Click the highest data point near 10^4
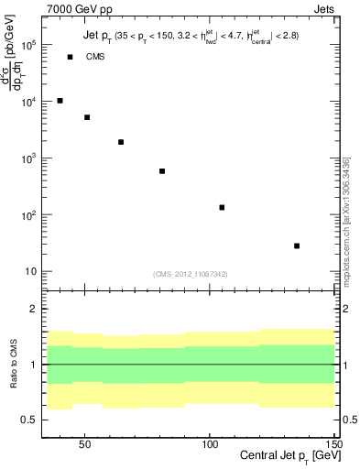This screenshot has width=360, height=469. [60, 101]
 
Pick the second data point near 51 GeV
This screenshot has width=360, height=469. [87, 117]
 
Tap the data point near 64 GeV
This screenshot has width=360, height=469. [121, 142]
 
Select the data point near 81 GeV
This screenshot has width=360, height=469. [162, 171]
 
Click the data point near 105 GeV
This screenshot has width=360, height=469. [222, 208]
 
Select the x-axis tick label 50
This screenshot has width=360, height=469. [85, 443]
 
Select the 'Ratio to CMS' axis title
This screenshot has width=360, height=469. [12, 364]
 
